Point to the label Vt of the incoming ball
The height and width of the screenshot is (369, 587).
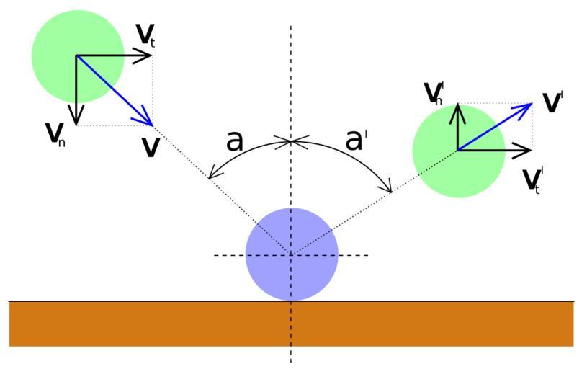tap(145, 34)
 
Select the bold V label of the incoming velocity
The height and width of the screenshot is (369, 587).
tap(151, 147)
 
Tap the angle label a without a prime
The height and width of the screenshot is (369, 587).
tap(235, 141)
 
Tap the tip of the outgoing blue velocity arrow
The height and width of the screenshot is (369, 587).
tap(530, 105)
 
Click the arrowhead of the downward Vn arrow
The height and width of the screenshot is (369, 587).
tap(76, 121)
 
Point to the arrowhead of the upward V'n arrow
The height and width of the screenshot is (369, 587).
tap(457, 106)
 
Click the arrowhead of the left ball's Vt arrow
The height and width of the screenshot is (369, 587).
tap(149, 55)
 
